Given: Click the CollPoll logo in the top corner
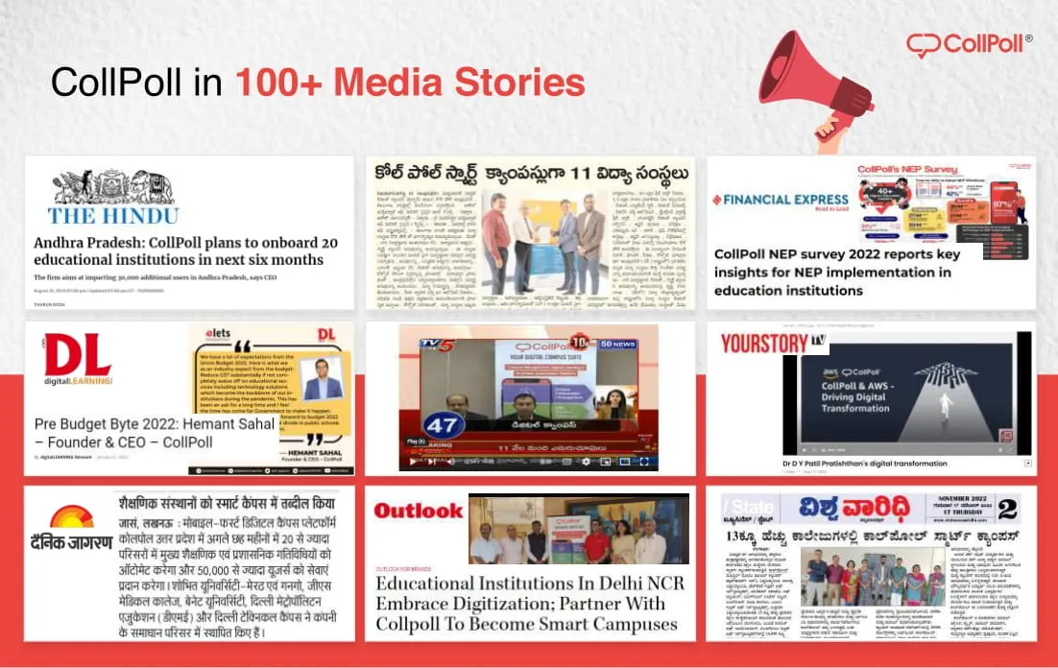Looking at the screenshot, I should click(970, 44).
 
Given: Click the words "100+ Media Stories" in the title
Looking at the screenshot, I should click(410, 83).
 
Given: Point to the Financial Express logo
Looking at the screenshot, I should click(781, 200).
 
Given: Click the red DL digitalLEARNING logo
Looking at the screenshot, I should click(77, 360).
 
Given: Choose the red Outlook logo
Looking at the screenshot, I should click(418, 511).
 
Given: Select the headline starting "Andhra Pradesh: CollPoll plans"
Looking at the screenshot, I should click(179, 251).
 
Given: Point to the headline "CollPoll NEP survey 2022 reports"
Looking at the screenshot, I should click(836, 272).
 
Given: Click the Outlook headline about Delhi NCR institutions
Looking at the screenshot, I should click(526, 603).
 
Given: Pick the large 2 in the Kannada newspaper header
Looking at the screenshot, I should click(1007, 509).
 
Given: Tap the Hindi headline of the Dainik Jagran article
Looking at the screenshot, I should click(228, 503).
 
